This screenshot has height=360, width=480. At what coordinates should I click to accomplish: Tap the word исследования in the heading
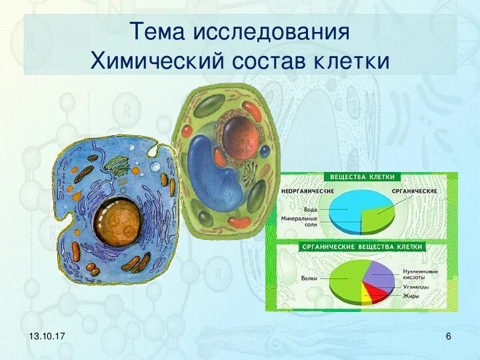click(x=271, y=31)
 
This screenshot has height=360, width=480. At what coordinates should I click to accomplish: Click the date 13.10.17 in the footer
click(x=47, y=336)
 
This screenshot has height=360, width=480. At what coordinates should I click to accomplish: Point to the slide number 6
click(x=449, y=336)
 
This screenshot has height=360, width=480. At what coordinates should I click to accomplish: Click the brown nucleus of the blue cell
click(x=118, y=221)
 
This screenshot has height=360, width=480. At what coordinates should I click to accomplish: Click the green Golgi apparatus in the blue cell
click(x=117, y=166)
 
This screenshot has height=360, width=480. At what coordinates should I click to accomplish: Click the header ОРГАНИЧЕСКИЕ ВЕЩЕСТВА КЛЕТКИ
click(x=362, y=247)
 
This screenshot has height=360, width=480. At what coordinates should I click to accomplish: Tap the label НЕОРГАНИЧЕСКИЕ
click(x=307, y=191)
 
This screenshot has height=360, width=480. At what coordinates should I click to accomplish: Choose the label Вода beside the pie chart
click(x=311, y=210)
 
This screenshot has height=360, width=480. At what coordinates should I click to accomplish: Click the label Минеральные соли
click(x=299, y=221)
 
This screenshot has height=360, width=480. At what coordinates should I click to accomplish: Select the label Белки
click(x=309, y=278)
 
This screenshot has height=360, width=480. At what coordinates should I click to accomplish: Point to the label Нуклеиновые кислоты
click(x=420, y=274)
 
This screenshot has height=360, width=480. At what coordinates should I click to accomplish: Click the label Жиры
click(x=411, y=296)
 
